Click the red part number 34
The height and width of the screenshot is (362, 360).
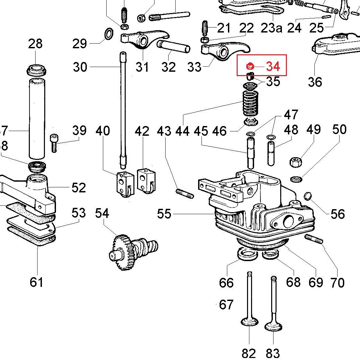(273, 66)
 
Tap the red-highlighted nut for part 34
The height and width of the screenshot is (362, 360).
(250, 66)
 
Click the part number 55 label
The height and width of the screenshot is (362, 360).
(164, 214)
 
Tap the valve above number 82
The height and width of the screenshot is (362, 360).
(250, 302)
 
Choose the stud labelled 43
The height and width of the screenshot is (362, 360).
(184, 193)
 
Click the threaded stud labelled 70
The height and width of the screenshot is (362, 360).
(314, 239)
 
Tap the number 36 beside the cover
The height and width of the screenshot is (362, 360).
(315, 81)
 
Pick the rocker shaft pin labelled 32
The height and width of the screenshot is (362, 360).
(173, 47)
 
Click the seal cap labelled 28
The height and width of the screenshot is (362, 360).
(37, 70)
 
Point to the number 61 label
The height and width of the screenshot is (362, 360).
(37, 282)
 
